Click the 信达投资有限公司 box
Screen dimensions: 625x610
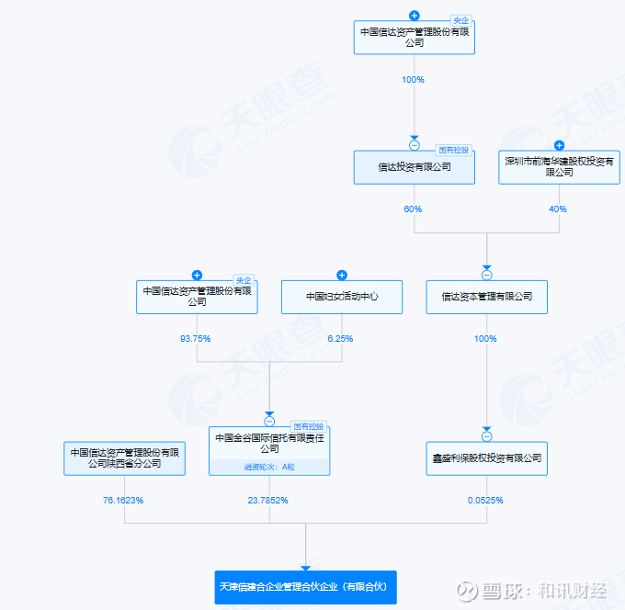coord(415,167)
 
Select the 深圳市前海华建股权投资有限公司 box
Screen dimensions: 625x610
coord(559,167)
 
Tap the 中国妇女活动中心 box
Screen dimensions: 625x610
coord(342,297)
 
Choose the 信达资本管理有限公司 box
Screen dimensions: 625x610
coord(487,297)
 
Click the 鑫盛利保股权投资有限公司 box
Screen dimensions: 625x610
coord(487,458)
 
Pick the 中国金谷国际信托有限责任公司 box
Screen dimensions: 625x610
coord(269,451)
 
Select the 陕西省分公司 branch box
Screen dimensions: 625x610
coord(124,458)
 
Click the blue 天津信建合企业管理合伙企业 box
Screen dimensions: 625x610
coord(306,587)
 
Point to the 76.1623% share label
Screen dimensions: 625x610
coord(123,501)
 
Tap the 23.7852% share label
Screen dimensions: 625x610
coord(267,501)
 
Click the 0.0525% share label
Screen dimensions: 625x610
coord(485,501)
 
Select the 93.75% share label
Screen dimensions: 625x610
coord(195,339)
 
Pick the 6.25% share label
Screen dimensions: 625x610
coord(340,339)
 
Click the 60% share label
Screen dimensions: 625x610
coord(413,209)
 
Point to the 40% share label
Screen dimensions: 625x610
coord(558,209)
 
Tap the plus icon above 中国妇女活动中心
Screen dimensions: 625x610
coord(342,275)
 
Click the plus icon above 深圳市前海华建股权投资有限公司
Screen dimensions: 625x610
coord(559,145)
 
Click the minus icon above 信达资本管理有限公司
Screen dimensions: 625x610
coord(487,275)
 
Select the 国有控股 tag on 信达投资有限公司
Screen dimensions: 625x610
coord(454,150)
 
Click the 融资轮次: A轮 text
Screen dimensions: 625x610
coord(269,467)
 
